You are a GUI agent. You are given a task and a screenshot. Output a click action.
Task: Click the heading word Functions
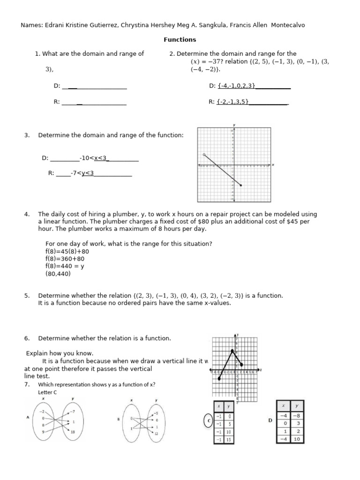tap(180, 40)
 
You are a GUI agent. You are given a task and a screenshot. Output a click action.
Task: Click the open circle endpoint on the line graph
tap(203, 154)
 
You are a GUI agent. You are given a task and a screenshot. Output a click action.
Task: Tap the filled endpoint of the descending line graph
tap(241, 186)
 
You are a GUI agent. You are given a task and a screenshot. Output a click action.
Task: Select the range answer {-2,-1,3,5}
tap(232, 101)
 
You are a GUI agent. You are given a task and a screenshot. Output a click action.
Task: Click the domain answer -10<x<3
tap(94, 158)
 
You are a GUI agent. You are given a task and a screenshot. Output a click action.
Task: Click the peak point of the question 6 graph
tap(232, 351)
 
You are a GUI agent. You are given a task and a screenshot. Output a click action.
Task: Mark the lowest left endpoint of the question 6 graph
tap(219, 379)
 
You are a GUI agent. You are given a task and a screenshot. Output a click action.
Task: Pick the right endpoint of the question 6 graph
tap(241, 364)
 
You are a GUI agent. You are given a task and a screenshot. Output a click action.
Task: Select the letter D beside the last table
tap(270, 420)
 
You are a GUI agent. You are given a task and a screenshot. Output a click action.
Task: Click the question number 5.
tap(27, 296)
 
